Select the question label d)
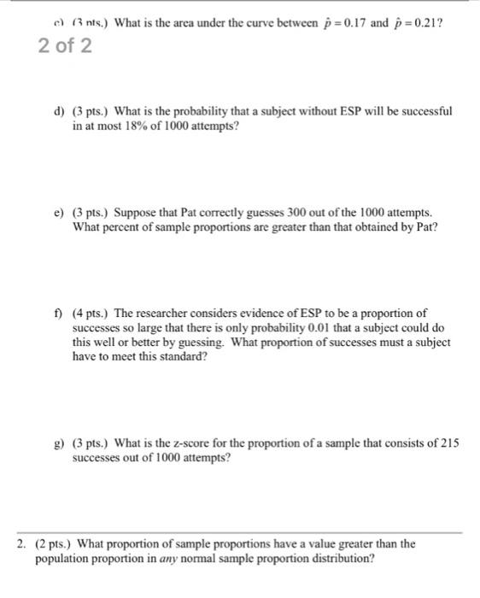[x=59, y=112]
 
